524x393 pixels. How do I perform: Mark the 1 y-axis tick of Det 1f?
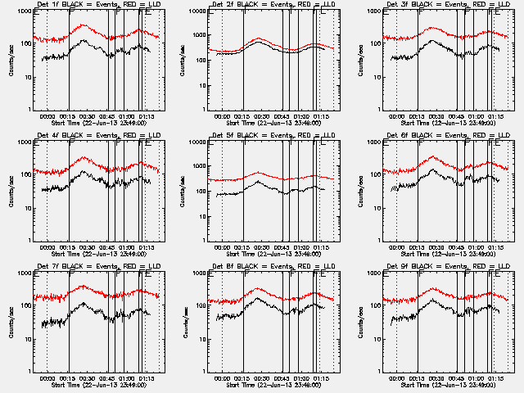click(x=26, y=109)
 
